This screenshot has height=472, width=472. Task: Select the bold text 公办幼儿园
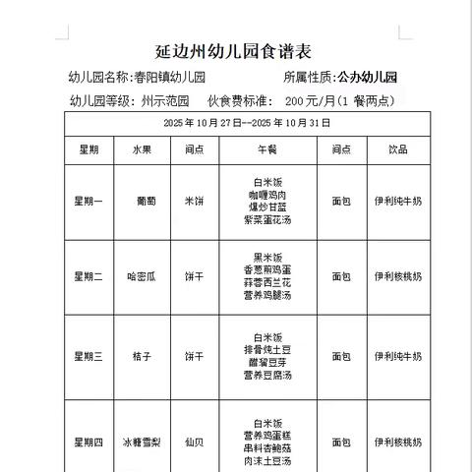coord(367,77)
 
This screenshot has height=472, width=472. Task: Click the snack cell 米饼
coord(195,201)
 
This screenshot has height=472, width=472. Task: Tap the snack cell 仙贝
coord(195,442)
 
